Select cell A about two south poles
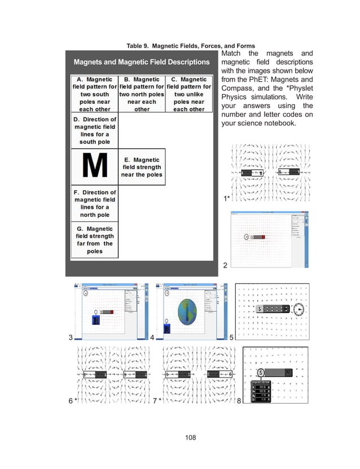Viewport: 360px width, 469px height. coord(95,94)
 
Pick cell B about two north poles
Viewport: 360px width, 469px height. coord(142,94)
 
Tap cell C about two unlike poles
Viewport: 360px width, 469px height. coord(189,94)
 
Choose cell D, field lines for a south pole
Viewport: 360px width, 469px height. coord(95,131)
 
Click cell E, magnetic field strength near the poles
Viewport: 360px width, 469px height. coord(142,167)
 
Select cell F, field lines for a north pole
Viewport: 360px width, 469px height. coord(95,203)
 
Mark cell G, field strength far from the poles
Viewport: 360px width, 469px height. coord(95,240)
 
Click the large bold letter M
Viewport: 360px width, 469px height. coord(94,167)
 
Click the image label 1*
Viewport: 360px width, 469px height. coord(226,199)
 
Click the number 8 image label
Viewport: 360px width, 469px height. coord(239,400)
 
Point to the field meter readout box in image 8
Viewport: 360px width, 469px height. coord(260,391)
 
